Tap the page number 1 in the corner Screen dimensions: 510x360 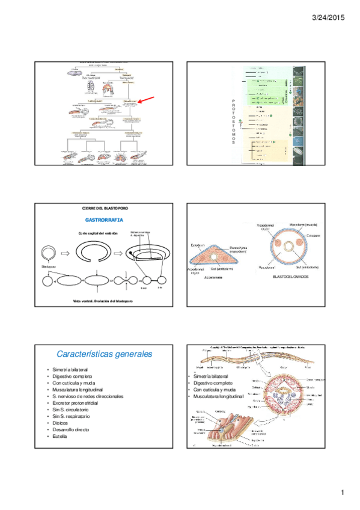point(342,494)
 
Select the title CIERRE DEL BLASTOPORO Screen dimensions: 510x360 point(105,207)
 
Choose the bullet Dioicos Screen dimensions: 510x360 point(61,423)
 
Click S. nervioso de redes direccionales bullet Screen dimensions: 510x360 point(88,396)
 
